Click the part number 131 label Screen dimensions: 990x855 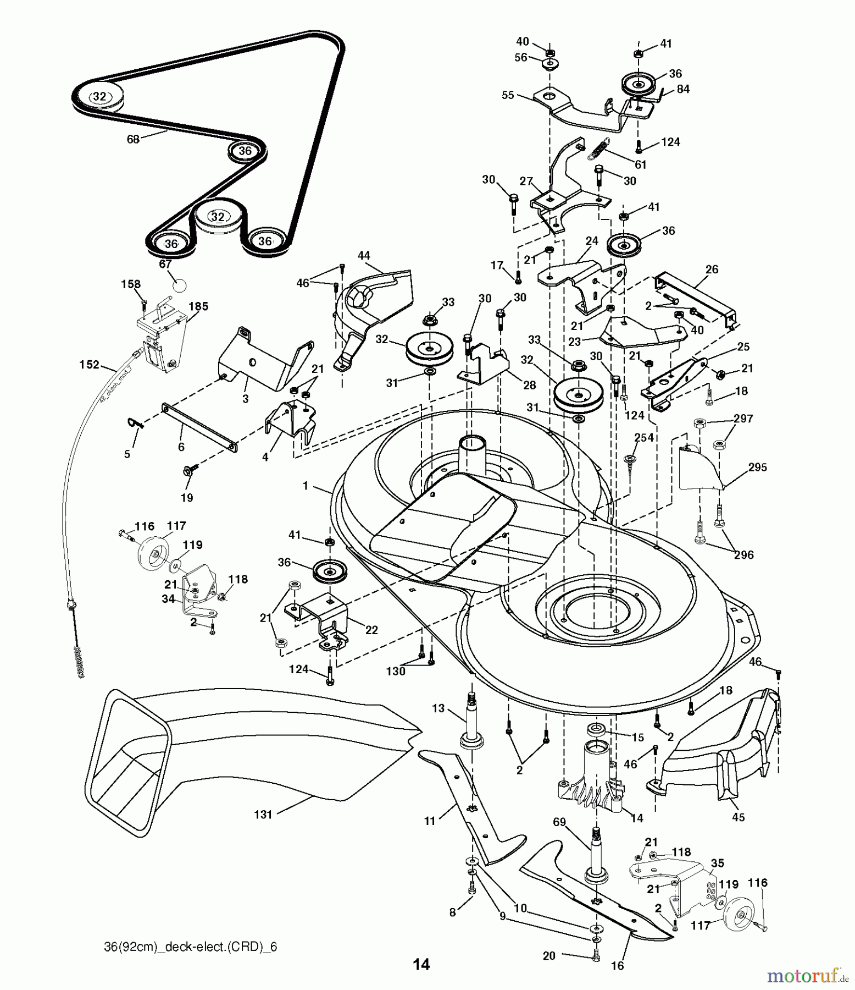(263, 815)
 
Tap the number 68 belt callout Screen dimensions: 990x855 (133, 139)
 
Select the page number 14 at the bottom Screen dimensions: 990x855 (421, 964)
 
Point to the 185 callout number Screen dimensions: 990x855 (198, 306)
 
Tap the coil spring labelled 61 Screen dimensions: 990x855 (598, 148)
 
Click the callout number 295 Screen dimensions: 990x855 (757, 467)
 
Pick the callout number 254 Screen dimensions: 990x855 (644, 437)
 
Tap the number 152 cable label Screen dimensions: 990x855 (89, 365)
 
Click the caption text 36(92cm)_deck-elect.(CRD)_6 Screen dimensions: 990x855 (190, 947)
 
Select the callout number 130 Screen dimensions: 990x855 (396, 671)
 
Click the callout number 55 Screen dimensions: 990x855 (508, 95)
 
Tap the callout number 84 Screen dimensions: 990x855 (683, 89)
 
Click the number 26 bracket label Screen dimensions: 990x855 (712, 269)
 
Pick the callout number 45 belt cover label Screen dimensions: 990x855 (739, 817)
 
